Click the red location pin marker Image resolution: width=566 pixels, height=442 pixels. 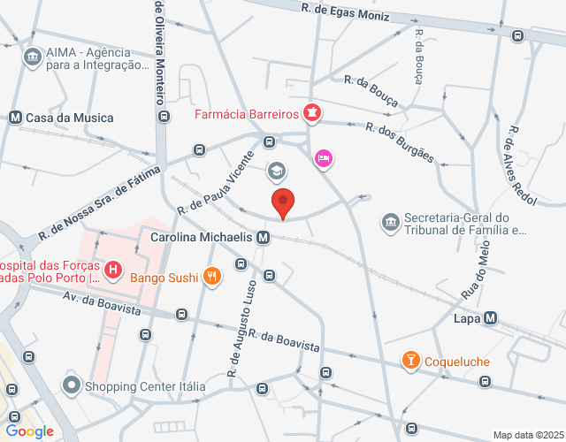(x=282, y=202)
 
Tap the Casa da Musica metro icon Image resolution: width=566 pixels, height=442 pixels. (x=14, y=118)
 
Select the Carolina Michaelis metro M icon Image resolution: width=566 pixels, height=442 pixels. (x=263, y=238)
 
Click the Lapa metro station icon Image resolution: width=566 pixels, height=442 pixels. (x=490, y=318)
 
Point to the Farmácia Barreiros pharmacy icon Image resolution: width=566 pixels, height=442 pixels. (x=311, y=112)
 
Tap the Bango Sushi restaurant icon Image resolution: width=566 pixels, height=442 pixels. (x=210, y=276)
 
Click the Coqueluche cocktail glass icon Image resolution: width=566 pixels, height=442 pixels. (x=410, y=361)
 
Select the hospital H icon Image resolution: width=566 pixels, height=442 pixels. (x=112, y=269)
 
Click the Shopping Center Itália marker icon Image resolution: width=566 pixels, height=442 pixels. (x=71, y=385)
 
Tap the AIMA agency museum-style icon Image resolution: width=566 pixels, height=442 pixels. (x=33, y=57)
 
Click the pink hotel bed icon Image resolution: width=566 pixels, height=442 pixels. (x=324, y=159)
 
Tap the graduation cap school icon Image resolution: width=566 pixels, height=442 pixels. (x=277, y=170)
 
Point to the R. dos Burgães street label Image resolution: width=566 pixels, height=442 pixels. (x=400, y=142)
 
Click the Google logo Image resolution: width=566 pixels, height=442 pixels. (x=30, y=431)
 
